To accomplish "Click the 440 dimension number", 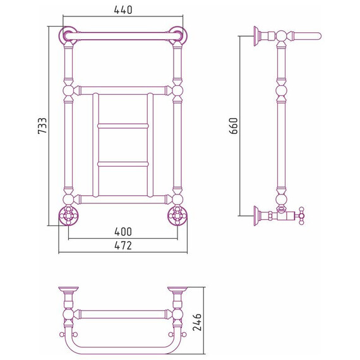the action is point(123,9).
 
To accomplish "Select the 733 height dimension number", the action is point(42,126).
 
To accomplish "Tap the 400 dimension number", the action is point(123,232).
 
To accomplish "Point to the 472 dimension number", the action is point(123,246).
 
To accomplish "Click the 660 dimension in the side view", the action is point(234,126).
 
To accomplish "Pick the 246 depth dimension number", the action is point(197,322).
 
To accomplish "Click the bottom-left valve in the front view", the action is point(68,216).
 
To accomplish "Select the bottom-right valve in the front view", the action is point(177,216).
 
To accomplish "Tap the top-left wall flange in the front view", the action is point(68,35).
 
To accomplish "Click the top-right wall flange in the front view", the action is point(177,35).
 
